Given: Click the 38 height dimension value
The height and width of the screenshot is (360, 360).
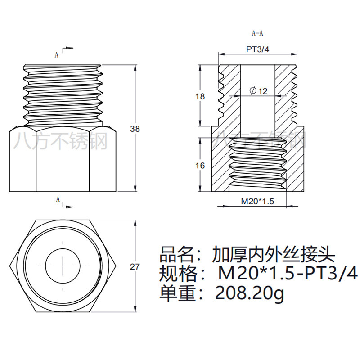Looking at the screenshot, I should click(135, 129).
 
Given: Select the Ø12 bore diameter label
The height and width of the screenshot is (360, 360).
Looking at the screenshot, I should click(258, 91).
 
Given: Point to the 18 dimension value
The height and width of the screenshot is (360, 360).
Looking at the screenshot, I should click(200, 96).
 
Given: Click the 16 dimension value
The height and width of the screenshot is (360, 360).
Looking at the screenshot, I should click(200, 166).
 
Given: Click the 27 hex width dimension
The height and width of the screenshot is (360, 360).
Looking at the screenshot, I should click(135, 266).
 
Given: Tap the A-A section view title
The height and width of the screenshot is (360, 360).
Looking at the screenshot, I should click(257, 33).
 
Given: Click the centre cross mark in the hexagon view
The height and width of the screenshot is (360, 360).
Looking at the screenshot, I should click(63, 265).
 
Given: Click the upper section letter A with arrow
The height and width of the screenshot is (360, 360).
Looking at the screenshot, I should click(58, 54).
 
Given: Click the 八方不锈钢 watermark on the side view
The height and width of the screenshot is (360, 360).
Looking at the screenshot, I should click(61, 141).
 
